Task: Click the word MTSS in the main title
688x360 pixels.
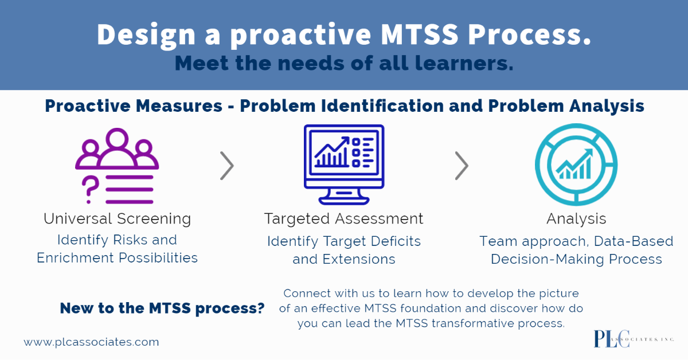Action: tap(419, 34)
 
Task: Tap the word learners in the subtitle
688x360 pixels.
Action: tap(464, 63)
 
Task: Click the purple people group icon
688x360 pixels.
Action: tap(117, 148)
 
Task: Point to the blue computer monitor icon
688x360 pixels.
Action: tap(344, 165)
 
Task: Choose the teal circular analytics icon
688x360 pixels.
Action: tap(576, 165)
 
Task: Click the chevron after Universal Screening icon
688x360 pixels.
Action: tap(227, 166)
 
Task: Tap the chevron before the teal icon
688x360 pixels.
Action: tap(462, 166)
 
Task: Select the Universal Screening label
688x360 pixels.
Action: tap(118, 219)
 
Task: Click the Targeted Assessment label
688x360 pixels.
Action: tap(343, 219)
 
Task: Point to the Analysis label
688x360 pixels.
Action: tap(576, 219)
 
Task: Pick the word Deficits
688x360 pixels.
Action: tap(396, 241)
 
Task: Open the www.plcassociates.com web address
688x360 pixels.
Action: tap(91, 342)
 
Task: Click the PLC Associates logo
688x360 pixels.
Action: tap(634, 339)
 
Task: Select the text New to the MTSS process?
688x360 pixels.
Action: tap(162, 308)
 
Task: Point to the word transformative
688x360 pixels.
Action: tap(472, 323)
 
